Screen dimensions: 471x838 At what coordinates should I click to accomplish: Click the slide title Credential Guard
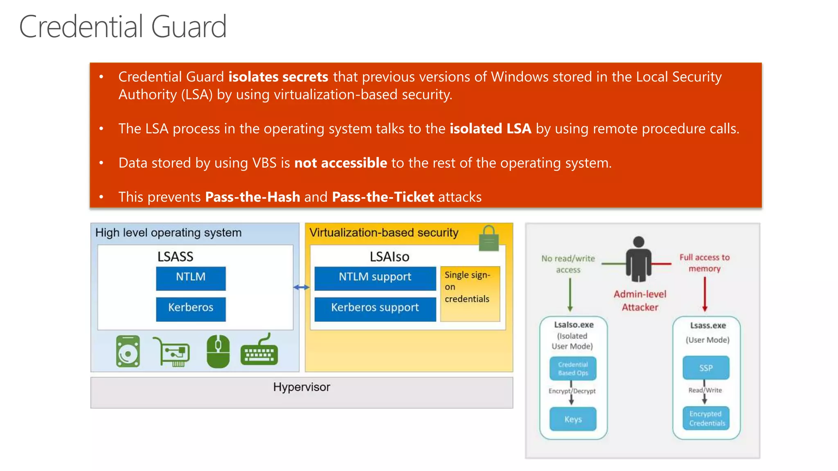123,27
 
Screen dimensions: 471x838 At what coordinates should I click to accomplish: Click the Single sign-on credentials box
470,294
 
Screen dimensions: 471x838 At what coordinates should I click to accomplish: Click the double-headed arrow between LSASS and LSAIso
302,287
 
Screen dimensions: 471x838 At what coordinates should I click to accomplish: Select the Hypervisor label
302,387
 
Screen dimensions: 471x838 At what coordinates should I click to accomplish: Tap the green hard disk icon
128,351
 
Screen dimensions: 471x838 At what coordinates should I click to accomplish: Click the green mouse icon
218,351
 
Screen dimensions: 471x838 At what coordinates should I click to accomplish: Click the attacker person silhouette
638,259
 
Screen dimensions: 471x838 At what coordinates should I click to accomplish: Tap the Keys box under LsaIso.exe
573,419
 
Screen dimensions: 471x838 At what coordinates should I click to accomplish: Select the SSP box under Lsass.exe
706,368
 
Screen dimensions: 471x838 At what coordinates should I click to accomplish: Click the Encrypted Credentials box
706,418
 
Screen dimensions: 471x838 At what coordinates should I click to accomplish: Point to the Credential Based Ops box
573,368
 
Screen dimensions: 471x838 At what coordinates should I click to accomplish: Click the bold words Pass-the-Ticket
383,197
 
